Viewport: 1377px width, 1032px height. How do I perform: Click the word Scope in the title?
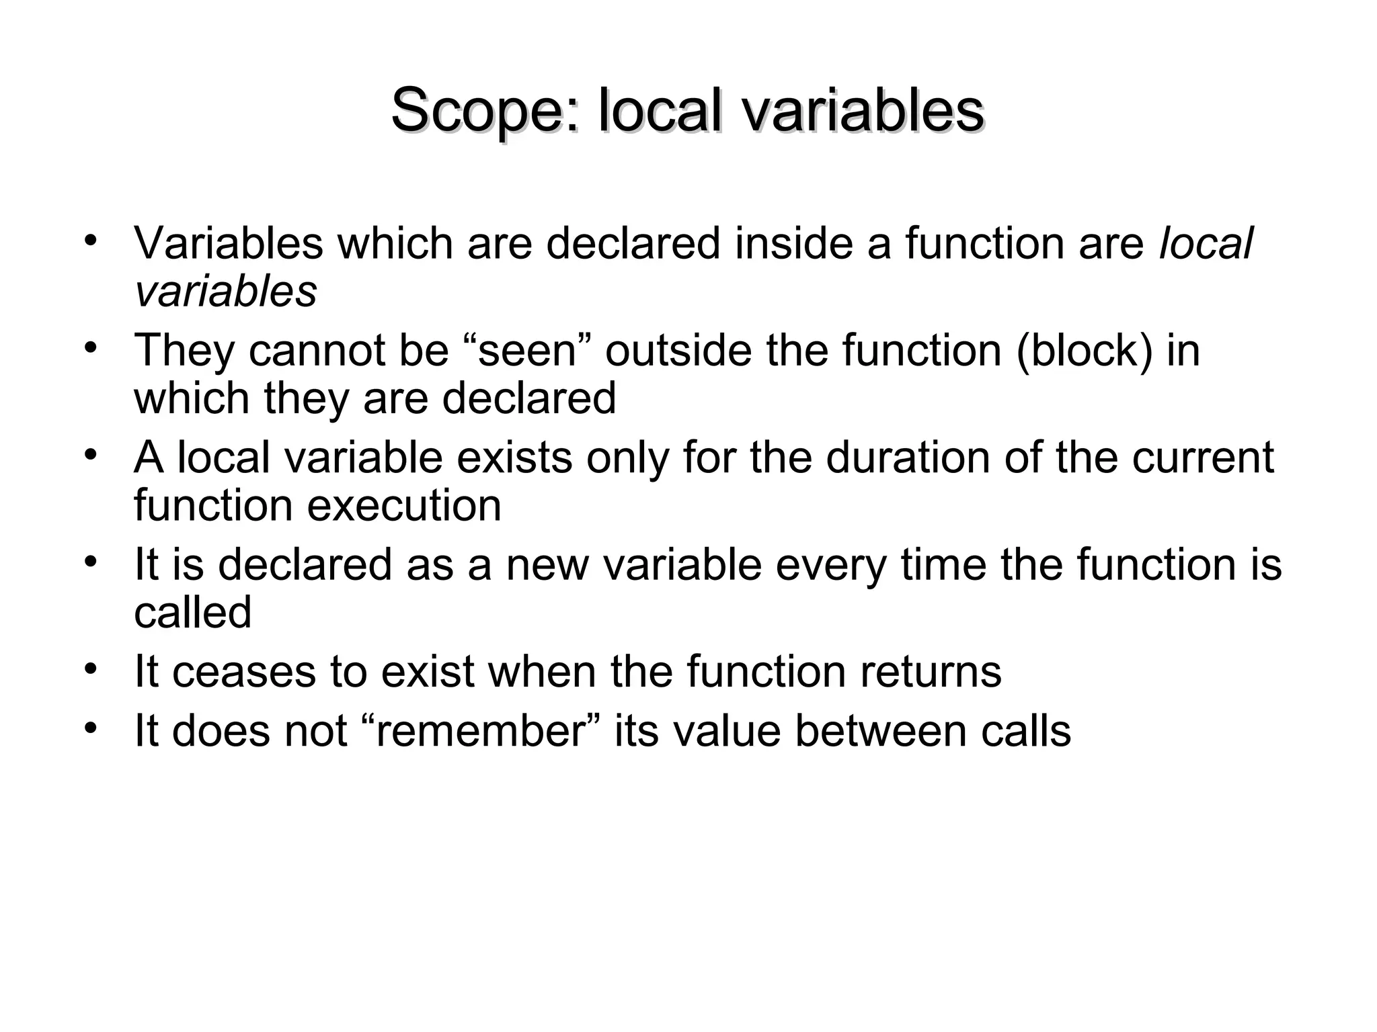483,112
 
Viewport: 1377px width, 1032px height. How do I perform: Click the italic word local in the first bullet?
1206,243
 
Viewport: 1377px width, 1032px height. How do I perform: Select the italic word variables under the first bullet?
225,292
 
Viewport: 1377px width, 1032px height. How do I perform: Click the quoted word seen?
527,351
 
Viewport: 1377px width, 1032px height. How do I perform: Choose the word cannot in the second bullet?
319,351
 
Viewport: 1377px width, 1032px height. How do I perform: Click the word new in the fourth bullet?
547,564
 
